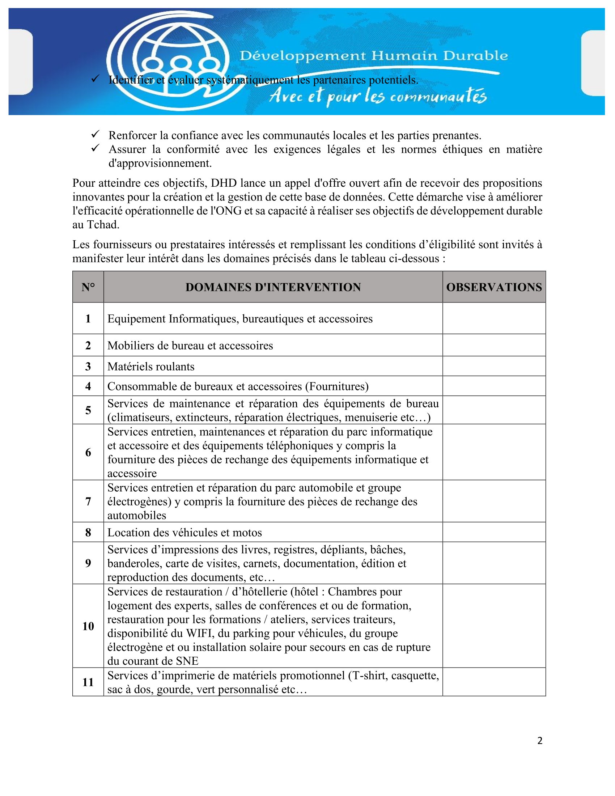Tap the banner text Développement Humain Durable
[x=373, y=56]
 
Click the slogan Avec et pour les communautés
[x=377, y=96]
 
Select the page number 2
[x=540, y=741]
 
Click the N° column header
[x=88, y=287]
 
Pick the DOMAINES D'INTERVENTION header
[x=273, y=287]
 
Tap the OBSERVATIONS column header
[x=494, y=287]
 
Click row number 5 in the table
[x=88, y=410]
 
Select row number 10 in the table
[x=88, y=626]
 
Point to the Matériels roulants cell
[x=151, y=366]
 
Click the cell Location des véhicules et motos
[x=184, y=533]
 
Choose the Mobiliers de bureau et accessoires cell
[x=190, y=346]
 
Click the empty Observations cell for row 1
[x=494, y=318]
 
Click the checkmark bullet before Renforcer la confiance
[x=96, y=135]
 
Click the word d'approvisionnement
[x=160, y=163]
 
